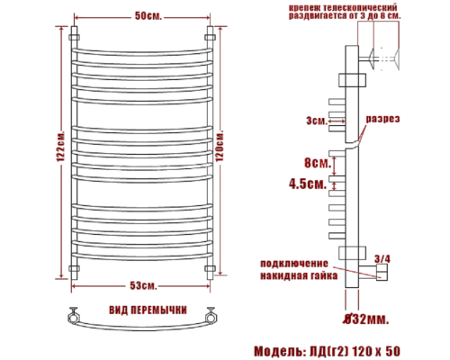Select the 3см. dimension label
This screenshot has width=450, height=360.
click(x=314, y=120)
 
